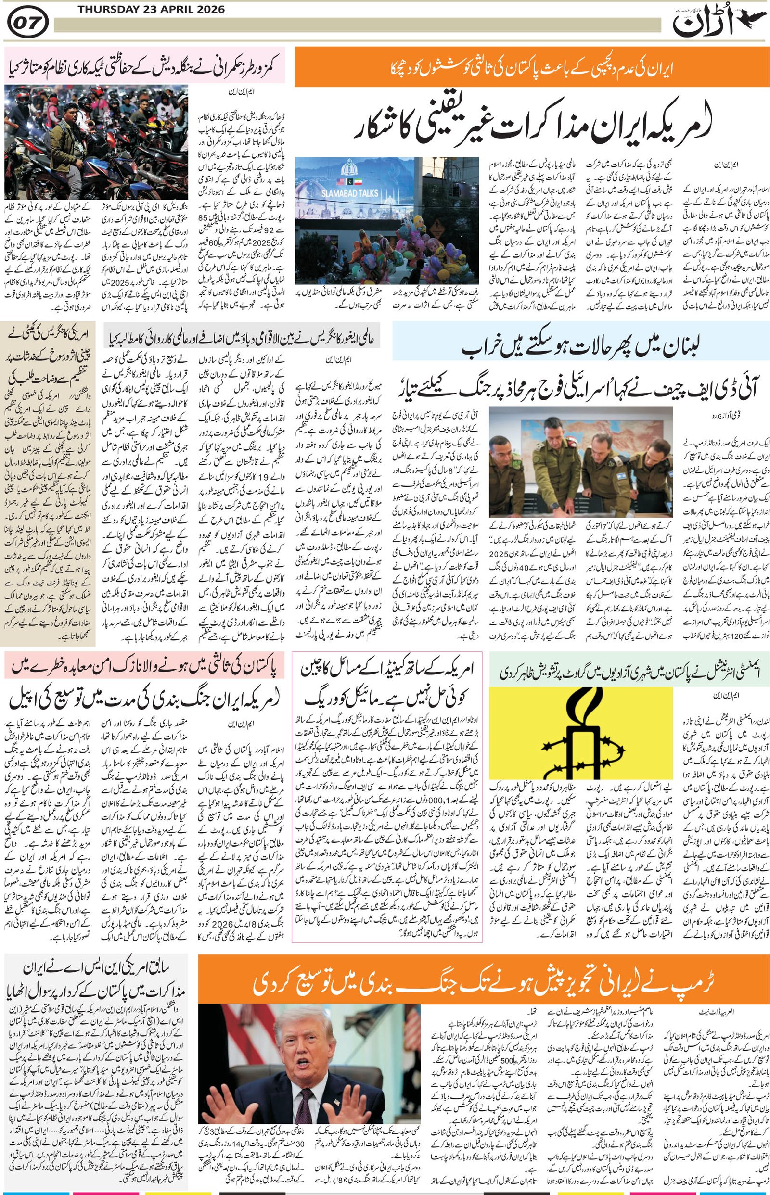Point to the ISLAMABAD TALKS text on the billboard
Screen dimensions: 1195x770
[x=345, y=193]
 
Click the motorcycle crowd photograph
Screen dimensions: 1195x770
[x=96, y=141]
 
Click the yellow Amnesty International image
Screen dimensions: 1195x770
[x=579, y=735]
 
